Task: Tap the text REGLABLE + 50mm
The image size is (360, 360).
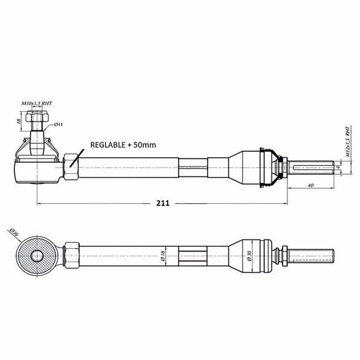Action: pyautogui.click(x=123, y=146)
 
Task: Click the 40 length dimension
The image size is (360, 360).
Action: pyautogui.click(x=310, y=185)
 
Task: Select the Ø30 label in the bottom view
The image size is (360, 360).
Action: pyautogui.click(x=248, y=255)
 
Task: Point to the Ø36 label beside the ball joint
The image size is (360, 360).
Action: pyautogui.click(x=13, y=232)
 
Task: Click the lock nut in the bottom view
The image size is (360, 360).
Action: pyautogui.click(x=70, y=254)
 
